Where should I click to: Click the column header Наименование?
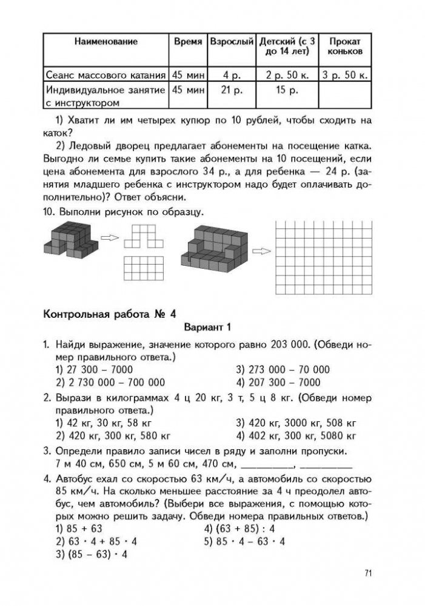[106, 42]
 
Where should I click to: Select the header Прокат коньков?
[344, 46]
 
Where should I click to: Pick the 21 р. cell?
[232, 90]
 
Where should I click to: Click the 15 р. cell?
[287, 90]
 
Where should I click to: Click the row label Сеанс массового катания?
[106, 76]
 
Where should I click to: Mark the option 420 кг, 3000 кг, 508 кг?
[295, 423]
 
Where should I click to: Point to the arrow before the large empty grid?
[261, 251]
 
